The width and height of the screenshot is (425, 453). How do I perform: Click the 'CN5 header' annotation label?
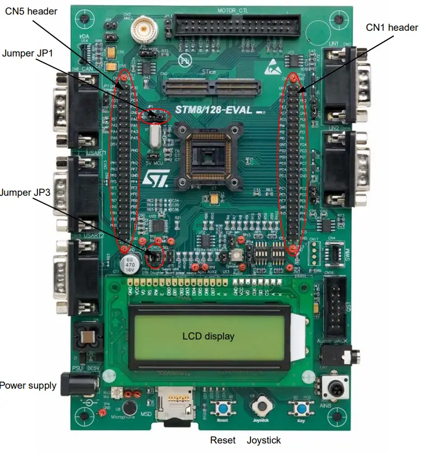[x=31, y=11]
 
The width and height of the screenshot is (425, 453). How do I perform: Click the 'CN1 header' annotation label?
[x=392, y=27]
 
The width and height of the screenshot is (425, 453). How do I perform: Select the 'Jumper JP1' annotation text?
[x=26, y=54]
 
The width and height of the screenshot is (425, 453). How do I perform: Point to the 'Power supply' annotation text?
[x=28, y=385]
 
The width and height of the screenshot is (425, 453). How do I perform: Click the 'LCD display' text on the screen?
[x=208, y=337]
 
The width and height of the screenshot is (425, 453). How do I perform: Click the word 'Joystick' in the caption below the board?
[x=264, y=441]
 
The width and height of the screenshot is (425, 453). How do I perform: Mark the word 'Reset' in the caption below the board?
[x=223, y=441]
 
